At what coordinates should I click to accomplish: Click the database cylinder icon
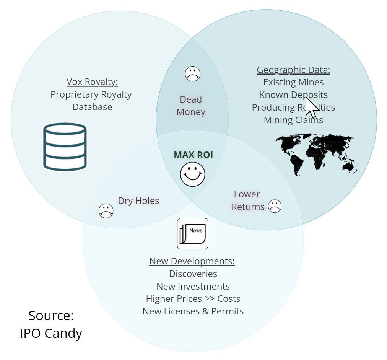pyautogui.click(x=65, y=147)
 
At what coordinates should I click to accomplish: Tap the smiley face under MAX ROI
pyautogui.click(x=193, y=174)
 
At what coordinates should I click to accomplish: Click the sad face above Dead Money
pyautogui.click(x=193, y=74)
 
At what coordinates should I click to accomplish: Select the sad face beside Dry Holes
pyautogui.click(x=106, y=211)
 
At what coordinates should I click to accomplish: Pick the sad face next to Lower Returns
pyautogui.click(x=275, y=206)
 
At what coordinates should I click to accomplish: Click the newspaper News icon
pyautogui.click(x=193, y=234)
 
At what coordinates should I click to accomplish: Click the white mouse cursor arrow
pyautogui.click(x=311, y=107)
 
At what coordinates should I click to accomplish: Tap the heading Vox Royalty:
pyautogui.click(x=92, y=82)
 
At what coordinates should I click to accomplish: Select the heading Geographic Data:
pyautogui.click(x=293, y=70)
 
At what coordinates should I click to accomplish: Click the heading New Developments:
pyautogui.click(x=192, y=261)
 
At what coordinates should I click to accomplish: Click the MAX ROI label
pyautogui.click(x=193, y=155)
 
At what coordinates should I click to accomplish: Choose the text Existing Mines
pyautogui.click(x=293, y=82)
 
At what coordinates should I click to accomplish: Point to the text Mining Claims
pyautogui.click(x=293, y=120)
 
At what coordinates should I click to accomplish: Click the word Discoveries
pyautogui.click(x=193, y=274)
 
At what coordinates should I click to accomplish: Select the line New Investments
pyautogui.click(x=193, y=287)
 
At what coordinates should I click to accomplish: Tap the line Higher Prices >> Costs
pyautogui.click(x=193, y=299)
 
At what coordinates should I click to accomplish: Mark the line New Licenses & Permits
pyautogui.click(x=193, y=311)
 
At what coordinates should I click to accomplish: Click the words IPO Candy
pyautogui.click(x=51, y=333)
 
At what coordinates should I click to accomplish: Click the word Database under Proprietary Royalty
pyautogui.click(x=92, y=107)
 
